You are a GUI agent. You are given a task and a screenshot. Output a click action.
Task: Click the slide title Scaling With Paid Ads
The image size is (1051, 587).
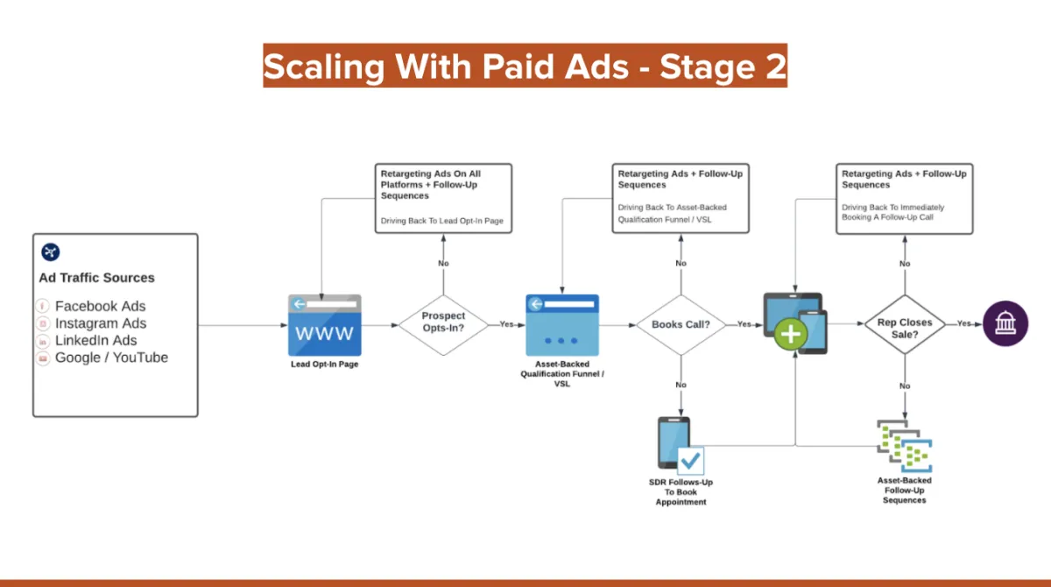pos(525,67)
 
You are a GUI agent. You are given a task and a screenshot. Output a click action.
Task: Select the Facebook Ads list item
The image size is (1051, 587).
pos(100,306)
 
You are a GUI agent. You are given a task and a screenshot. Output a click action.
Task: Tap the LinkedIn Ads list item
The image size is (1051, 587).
pos(95,340)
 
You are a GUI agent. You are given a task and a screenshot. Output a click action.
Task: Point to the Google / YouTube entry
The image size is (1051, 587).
pos(111,357)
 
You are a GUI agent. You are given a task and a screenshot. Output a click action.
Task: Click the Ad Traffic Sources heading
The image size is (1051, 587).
pos(96,278)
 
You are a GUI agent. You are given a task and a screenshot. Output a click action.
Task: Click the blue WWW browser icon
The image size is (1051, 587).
pos(325,325)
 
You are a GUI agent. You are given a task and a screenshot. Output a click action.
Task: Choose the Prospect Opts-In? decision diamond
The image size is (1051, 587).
pos(443,322)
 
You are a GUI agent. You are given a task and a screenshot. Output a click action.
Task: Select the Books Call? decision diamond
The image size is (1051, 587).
pos(681,324)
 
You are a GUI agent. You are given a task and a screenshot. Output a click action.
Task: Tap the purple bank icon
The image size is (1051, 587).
pos(1005,323)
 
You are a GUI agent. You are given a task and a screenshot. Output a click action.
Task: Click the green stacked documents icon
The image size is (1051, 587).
pos(905,447)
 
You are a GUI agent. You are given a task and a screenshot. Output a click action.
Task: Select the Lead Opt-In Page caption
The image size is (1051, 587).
pos(325,364)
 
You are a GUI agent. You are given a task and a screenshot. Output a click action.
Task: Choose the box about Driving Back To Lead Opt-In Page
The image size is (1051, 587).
pos(443,198)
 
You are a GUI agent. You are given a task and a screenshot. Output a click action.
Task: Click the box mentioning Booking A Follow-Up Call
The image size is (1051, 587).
pos(905,198)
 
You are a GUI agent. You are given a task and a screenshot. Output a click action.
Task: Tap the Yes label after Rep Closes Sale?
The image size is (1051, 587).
pos(963,323)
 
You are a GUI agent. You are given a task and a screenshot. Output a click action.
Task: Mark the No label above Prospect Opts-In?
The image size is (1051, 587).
pos(443,263)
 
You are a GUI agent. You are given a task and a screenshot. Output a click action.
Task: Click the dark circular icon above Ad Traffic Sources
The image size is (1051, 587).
pos(51,252)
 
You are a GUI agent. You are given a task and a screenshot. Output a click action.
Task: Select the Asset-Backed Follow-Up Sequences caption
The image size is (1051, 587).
pos(905,490)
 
